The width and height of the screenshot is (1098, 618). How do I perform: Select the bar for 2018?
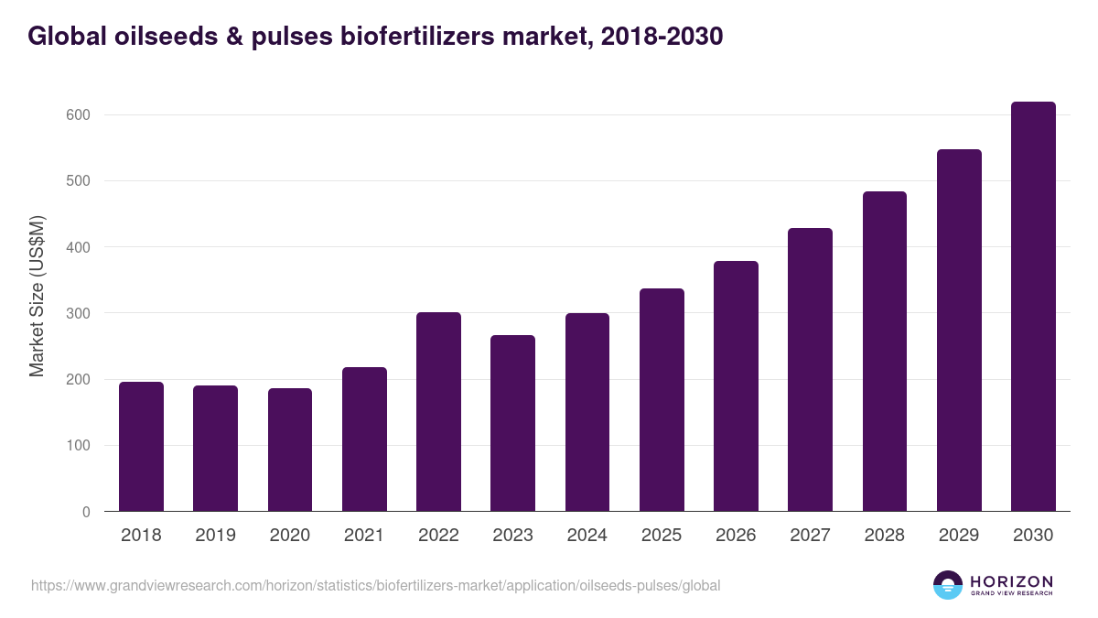(x=141, y=447)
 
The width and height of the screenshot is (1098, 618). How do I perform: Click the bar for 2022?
(x=438, y=412)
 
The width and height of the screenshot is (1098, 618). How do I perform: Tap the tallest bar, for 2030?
(x=1033, y=307)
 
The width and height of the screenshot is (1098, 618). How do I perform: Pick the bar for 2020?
(x=290, y=450)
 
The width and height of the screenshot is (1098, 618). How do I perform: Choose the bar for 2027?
(x=810, y=370)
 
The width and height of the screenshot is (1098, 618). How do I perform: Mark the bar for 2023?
(x=512, y=423)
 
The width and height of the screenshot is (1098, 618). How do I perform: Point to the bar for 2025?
(x=662, y=400)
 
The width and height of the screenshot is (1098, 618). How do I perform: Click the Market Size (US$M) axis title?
(x=37, y=296)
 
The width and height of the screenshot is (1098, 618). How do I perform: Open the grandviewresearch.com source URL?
(x=375, y=585)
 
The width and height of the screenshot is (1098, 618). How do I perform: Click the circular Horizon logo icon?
(x=948, y=585)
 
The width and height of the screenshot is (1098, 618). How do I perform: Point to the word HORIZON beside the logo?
(x=1011, y=581)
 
